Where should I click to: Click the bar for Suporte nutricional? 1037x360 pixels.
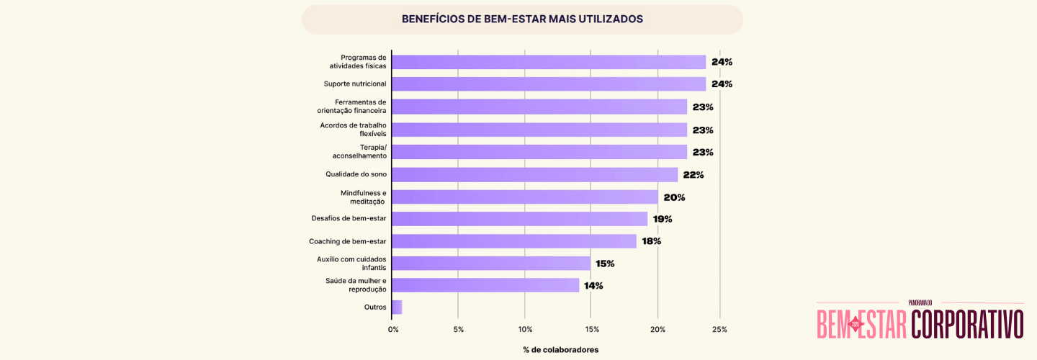coord(549,84)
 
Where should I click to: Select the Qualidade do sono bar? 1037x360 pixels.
coord(535,175)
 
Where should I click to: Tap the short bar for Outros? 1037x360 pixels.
coord(397,307)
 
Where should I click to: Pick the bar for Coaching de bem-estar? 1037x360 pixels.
coord(514,241)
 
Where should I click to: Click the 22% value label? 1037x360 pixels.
coord(693,175)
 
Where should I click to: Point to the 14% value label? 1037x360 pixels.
coord(593,286)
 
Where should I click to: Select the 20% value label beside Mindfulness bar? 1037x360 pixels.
coord(674,197)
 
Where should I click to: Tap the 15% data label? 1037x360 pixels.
coord(605,264)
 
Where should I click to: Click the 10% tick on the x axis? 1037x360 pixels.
coord(525,330)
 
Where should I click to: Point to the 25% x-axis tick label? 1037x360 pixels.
coord(719,330)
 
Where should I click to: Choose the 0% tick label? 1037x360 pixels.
coord(393,330)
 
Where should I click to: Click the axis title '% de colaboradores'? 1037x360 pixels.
coord(561,350)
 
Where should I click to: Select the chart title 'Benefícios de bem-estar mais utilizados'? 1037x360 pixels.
coord(522,19)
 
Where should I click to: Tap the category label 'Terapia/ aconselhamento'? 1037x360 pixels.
coord(359,151)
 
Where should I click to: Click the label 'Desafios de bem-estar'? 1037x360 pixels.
coord(349,219)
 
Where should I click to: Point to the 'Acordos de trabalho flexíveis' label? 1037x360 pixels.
coord(354,129)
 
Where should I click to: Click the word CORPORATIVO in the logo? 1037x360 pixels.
coord(967,324)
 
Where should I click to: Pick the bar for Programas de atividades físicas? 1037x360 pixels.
coord(549,62)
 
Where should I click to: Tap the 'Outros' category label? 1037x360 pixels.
coord(375,307)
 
